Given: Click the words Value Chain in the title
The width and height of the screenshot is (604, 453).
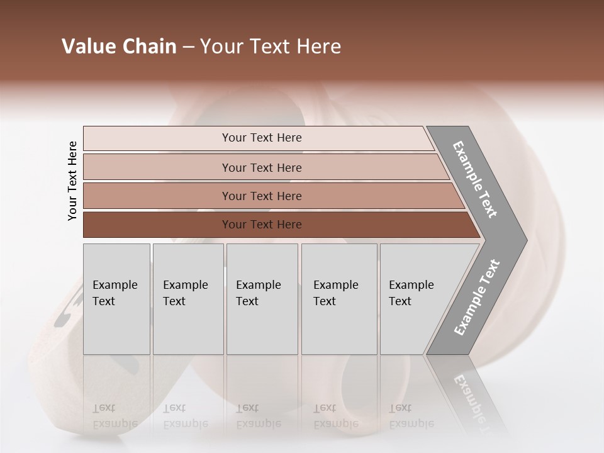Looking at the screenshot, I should click(119, 47).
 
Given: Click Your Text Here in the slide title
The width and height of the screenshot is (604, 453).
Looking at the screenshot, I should click(271, 47).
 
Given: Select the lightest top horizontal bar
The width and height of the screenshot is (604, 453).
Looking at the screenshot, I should click(261, 138).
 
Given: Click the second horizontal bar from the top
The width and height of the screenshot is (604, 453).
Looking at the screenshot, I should click(261, 167).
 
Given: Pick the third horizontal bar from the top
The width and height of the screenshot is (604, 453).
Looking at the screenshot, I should click(261, 196).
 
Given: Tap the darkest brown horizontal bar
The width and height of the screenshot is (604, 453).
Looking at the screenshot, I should click(261, 225).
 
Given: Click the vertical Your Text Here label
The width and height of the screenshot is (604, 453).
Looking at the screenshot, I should click(72, 181).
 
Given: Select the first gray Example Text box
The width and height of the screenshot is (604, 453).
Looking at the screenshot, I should click(116, 299).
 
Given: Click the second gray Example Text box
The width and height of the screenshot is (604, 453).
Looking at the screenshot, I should click(188, 299).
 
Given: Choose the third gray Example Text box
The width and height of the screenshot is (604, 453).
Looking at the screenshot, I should click(262, 299).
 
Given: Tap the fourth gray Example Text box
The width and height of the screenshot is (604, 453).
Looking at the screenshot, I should click(339, 299).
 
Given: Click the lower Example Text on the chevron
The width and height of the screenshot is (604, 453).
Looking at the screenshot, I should click(477, 298).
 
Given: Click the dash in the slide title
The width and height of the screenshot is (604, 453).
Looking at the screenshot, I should click(188, 47).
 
